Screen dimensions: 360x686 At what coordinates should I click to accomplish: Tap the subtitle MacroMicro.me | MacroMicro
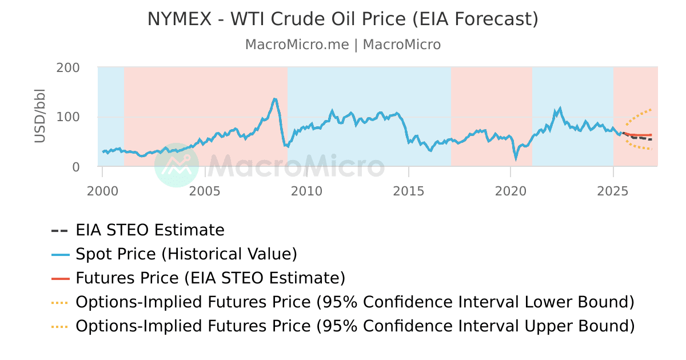(343, 45)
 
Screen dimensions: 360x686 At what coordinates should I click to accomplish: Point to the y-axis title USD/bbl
(39, 116)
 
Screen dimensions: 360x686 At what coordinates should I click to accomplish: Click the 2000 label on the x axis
(102, 190)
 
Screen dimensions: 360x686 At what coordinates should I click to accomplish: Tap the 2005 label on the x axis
(205, 190)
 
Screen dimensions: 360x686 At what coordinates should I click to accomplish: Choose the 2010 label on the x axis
(307, 190)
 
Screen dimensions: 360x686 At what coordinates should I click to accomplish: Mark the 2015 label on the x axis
(409, 190)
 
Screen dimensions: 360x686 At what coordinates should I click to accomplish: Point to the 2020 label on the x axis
(511, 190)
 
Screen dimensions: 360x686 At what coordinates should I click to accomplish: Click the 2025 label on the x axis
(613, 190)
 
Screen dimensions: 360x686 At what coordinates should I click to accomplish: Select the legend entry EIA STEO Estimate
(150, 230)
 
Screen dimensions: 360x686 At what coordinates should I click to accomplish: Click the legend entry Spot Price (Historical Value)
(186, 254)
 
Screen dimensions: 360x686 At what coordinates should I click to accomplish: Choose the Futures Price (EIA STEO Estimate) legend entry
(210, 278)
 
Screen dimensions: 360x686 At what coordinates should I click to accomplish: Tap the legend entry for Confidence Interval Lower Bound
(354, 302)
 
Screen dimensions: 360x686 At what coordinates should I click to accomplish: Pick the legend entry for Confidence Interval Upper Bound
(354, 326)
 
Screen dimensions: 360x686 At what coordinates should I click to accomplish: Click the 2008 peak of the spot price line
(275, 99)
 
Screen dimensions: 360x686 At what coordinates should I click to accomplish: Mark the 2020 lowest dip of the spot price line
(516, 158)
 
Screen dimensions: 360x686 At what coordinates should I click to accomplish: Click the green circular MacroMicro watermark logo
(177, 165)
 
